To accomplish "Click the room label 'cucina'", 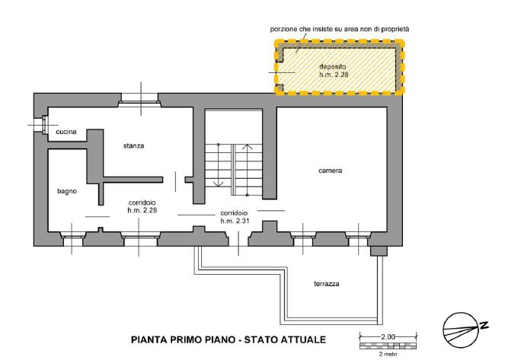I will (x=66, y=132).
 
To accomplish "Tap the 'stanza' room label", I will (x=134, y=145).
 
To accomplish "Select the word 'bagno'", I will (x=66, y=191).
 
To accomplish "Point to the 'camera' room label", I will (x=330, y=170).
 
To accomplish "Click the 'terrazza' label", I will (x=326, y=284).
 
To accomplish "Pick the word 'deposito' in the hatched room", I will (x=333, y=68).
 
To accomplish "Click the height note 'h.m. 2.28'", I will (x=334, y=75).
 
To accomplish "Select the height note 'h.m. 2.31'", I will (x=235, y=220).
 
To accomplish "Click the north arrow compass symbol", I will (x=462, y=325).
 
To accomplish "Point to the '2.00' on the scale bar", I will (x=388, y=336).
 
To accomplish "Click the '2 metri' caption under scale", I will (x=388, y=353).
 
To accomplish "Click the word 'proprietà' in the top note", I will (x=394, y=28).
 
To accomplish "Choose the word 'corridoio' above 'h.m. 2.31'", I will (x=235, y=212).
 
